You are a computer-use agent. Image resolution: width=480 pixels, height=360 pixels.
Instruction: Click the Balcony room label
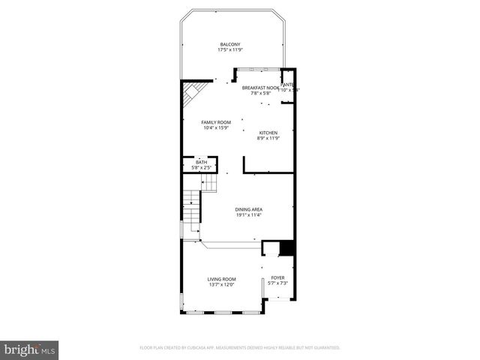coord(230,44)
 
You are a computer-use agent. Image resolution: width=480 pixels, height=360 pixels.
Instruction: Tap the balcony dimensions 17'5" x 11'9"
coord(230,50)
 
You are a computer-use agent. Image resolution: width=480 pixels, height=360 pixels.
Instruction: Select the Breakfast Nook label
coord(260,88)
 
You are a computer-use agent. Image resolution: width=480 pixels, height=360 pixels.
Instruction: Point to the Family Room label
coord(215,122)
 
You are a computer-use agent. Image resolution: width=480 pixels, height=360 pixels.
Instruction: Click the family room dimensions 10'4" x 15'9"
coord(215,128)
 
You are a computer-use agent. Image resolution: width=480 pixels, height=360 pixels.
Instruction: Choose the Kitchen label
coord(268,133)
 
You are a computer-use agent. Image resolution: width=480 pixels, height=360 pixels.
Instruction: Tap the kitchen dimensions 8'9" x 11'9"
coord(268,139)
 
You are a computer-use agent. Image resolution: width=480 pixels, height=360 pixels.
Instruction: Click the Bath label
coord(201,162)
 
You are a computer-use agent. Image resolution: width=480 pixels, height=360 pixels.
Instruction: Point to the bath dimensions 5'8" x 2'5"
coord(201,167)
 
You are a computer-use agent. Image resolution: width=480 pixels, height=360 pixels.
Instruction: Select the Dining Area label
coord(248,209)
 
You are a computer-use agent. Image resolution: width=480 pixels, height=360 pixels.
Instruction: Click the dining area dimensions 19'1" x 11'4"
coord(248,215)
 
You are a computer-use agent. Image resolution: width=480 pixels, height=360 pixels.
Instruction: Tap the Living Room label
coord(221,279)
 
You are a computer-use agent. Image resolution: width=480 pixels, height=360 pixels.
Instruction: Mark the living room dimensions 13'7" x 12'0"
coord(221,285)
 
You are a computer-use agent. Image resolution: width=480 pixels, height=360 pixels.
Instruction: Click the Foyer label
coord(277,277)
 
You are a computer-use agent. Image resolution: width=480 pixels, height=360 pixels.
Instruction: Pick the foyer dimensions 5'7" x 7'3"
coord(277,283)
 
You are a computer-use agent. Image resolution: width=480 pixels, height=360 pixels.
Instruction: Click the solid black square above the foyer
coord(285,249)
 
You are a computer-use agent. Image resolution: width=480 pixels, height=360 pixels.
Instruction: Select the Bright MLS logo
coord(30,349)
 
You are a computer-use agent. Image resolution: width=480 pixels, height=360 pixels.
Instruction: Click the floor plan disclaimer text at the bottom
coord(240,348)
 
